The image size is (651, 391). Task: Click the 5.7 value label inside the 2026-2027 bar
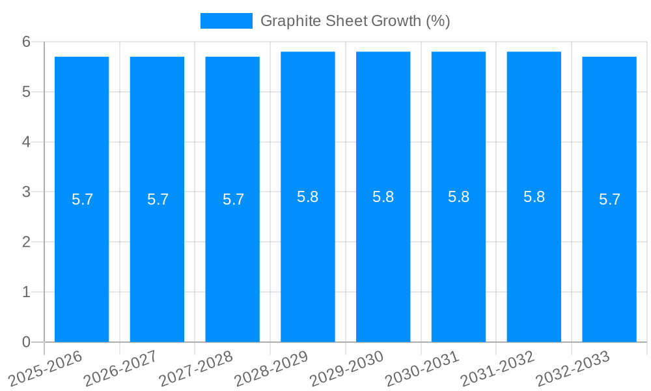click(158, 199)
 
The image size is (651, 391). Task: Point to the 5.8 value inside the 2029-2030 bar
click(383, 197)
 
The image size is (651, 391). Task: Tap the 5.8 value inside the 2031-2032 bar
click(534, 197)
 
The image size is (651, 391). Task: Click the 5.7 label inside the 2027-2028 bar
click(233, 199)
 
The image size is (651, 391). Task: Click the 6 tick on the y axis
click(26, 42)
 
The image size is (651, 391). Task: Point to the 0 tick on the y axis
click(26, 342)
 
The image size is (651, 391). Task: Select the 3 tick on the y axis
click(26, 192)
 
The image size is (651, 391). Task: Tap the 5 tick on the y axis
click(26, 92)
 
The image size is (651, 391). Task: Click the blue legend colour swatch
click(226, 21)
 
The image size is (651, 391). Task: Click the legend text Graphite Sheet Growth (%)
click(355, 21)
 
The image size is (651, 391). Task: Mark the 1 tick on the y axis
click(26, 292)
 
